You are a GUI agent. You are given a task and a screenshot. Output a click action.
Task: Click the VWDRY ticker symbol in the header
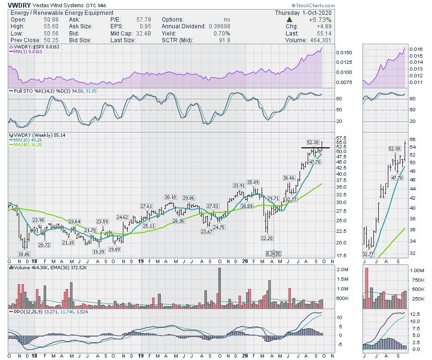[18, 5]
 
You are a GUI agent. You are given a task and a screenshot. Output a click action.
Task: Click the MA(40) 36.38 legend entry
[29, 144]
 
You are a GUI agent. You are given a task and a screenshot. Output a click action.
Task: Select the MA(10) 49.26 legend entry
[29, 140]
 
